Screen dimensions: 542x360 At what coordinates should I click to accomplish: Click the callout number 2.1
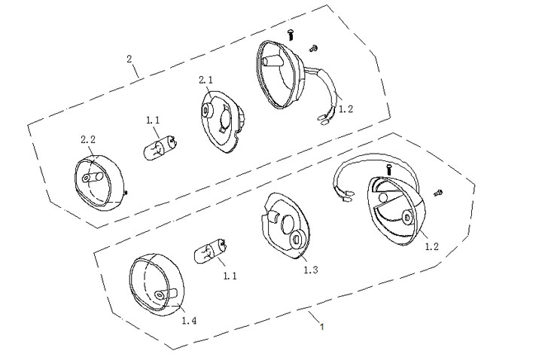206,81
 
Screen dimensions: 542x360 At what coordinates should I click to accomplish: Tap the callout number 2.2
88,140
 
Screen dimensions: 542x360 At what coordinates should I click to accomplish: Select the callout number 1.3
311,270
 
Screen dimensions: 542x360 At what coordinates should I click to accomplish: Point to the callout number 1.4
190,321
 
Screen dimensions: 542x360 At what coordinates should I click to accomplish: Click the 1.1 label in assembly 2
153,121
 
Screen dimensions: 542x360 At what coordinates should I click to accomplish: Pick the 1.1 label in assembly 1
230,276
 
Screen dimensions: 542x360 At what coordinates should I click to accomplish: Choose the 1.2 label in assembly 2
346,109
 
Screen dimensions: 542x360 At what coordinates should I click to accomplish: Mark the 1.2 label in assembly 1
431,246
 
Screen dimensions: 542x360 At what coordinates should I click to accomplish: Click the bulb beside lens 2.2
160,148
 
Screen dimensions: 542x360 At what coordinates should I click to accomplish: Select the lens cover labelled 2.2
99,180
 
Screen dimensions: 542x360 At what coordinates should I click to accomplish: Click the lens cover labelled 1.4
157,284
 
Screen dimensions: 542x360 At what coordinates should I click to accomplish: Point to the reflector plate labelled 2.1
223,121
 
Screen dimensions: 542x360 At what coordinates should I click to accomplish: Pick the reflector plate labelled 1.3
284,226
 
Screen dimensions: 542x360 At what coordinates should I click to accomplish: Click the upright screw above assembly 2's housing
291,35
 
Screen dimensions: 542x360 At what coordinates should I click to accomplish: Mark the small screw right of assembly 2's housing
313,48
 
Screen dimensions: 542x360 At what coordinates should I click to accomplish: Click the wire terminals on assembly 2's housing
323,119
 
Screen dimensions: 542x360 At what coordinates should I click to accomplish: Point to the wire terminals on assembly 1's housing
347,198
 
